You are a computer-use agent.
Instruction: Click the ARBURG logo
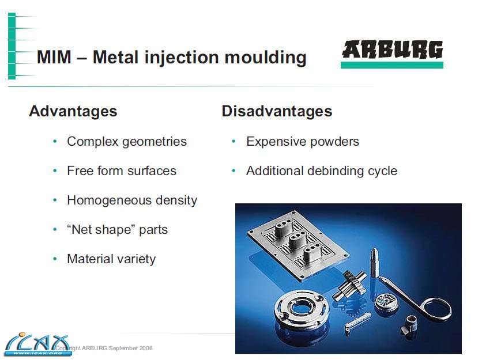click(392, 54)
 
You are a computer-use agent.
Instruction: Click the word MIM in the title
click(54, 57)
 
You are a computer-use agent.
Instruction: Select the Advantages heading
click(73, 111)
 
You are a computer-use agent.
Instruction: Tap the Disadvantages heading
click(277, 111)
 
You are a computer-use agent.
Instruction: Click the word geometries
click(155, 142)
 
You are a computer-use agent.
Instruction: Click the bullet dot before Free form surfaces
click(55, 171)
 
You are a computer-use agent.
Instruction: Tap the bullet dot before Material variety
click(55, 259)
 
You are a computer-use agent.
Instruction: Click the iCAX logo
click(37, 344)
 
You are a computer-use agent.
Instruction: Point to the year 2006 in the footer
click(146, 348)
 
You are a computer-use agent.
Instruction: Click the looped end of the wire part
click(436, 311)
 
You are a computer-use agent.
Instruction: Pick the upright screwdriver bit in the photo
click(374, 262)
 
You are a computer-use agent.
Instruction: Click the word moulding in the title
click(266, 58)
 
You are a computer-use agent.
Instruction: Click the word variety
click(138, 260)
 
